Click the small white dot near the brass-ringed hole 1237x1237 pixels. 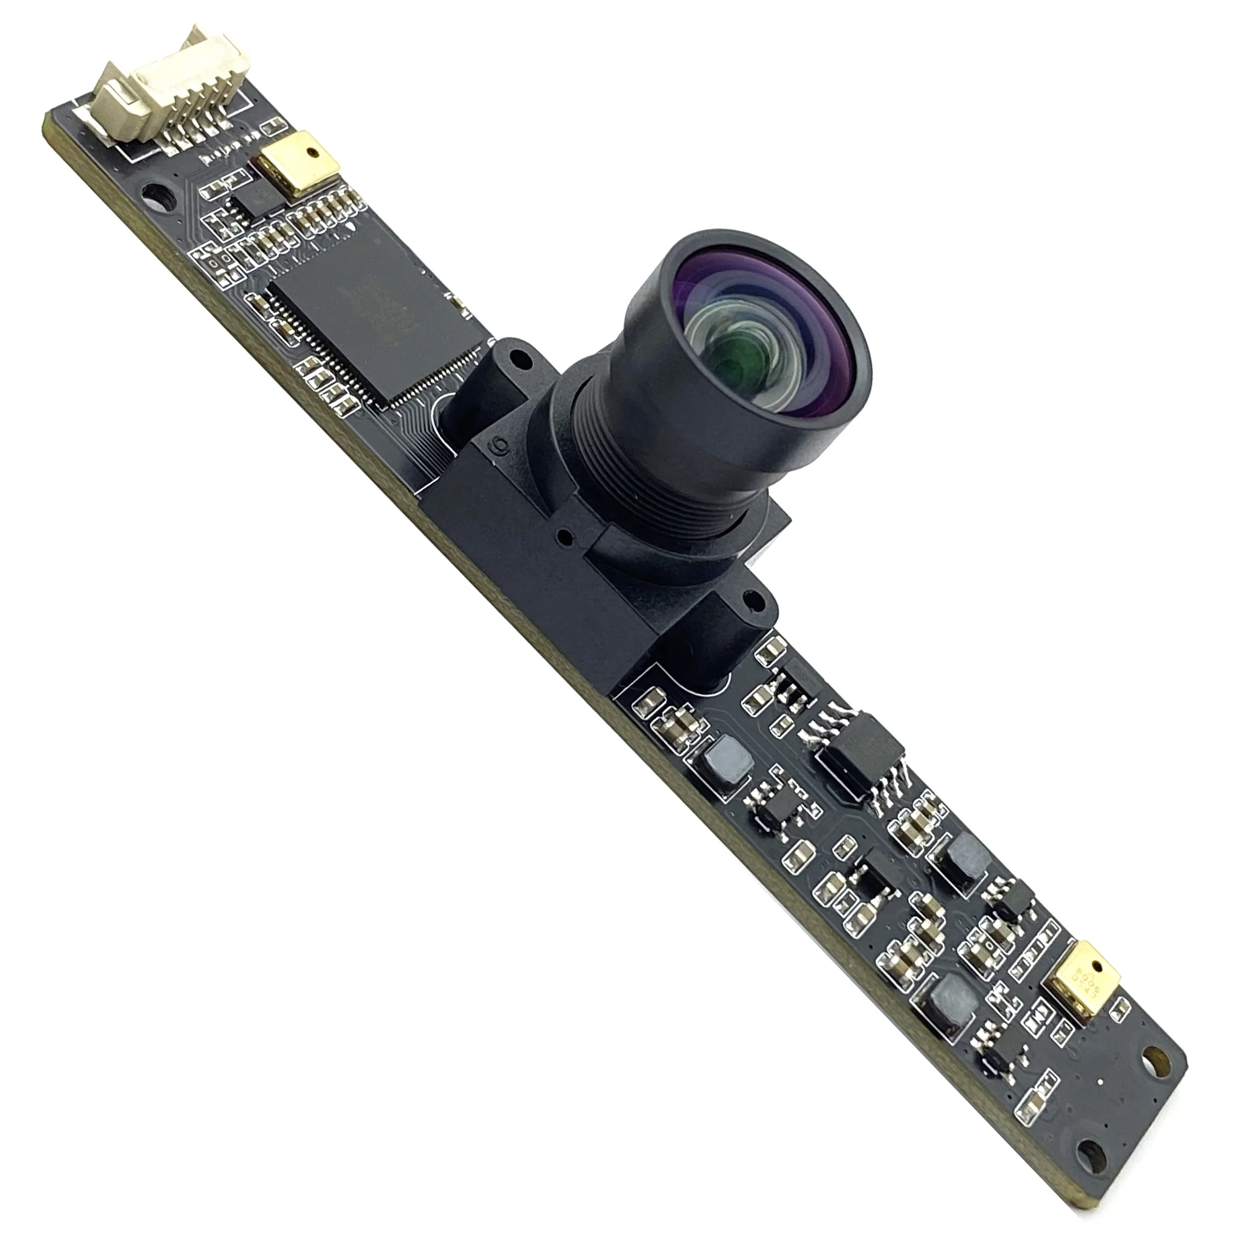tap(1101, 1083)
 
